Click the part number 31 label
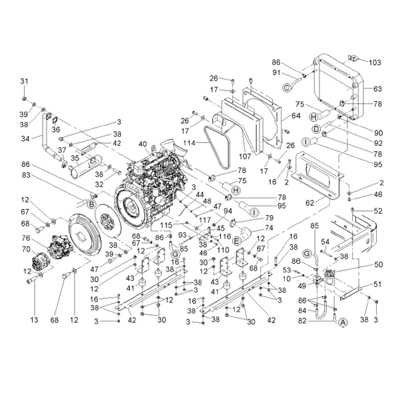[x=24, y=81]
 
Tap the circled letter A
[x=343, y=322]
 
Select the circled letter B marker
[x=91, y=204]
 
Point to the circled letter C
[x=287, y=88]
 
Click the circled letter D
[x=316, y=129]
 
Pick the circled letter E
[x=236, y=241]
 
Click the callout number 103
[x=375, y=63]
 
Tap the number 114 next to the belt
[x=189, y=143]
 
